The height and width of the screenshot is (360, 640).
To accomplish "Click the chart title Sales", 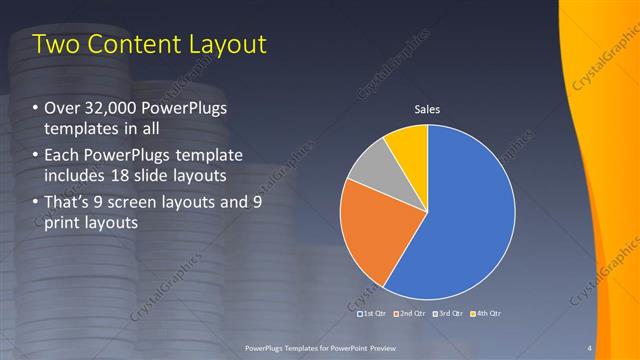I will coord(428,109).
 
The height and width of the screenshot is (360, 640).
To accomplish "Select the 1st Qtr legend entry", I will coord(372,313).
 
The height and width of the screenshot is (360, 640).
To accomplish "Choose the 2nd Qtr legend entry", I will coord(410,313).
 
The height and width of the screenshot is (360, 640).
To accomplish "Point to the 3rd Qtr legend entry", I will coord(448,313).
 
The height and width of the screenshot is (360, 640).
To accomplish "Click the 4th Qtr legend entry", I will coord(485,313).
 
